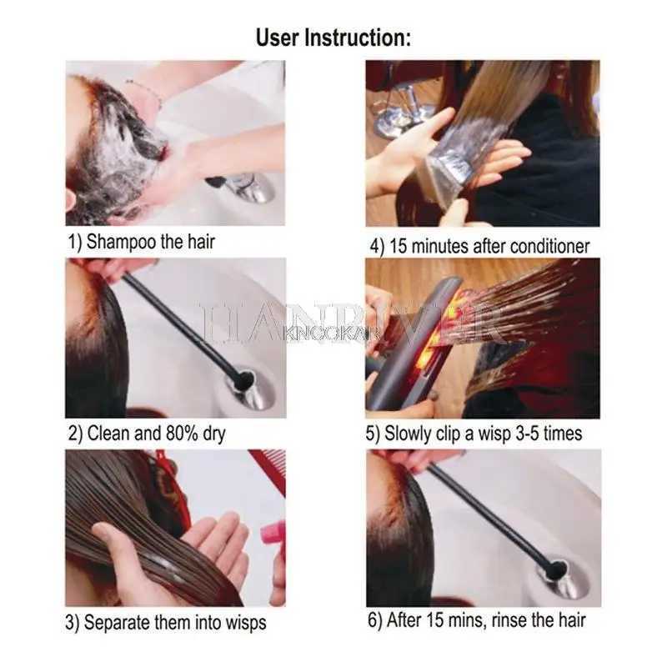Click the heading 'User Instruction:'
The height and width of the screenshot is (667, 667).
[333, 38]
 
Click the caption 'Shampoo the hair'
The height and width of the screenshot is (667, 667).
[151, 242]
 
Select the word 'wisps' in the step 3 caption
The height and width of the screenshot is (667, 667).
[246, 623]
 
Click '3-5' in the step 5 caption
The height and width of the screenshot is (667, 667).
[528, 434]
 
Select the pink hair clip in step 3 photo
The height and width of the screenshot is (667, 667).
[273, 533]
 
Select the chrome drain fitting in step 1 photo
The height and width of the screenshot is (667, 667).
[247, 187]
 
